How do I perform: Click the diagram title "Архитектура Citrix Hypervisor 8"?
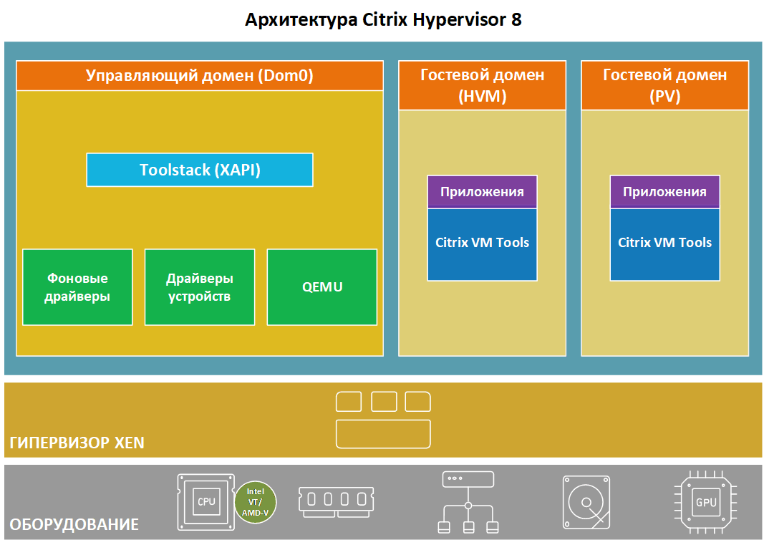click(x=382, y=19)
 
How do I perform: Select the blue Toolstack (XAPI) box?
click(x=200, y=170)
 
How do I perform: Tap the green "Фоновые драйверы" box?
click(x=77, y=287)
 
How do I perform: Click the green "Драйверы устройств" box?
click(x=200, y=287)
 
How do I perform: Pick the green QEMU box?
click(x=322, y=287)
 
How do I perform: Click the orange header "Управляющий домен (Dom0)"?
click(x=200, y=76)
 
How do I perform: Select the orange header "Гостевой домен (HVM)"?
click(x=482, y=85)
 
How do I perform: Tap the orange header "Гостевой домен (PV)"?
click(x=665, y=85)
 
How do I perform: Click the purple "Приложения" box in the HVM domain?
click(x=482, y=192)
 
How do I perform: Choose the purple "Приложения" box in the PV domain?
click(x=665, y=192)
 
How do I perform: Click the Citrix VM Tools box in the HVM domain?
click(x=482, y=243)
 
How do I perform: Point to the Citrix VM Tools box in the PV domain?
click(x=665, y=243)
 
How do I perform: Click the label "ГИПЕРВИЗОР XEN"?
click(x=77, y=443)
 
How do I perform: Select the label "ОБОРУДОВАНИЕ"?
click(x=74, y=525)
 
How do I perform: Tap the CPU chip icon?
click(x=206, y=501)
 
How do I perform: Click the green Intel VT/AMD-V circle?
click(x=256, y=501)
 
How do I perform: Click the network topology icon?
click(x=468, y=502)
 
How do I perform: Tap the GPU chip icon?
click(x=705, y=502)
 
